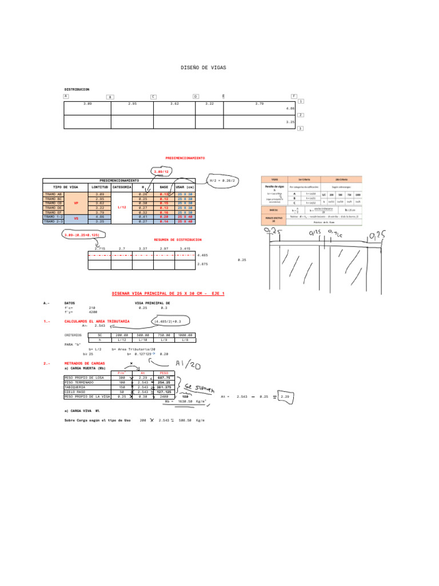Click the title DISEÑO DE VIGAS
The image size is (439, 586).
tap(203, 68)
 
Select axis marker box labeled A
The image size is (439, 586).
tap(66, 97)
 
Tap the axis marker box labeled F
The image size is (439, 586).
tap(294, 97)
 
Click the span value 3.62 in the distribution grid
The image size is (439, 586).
tap(174, 104)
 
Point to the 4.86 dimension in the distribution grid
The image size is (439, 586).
tap(290, 108)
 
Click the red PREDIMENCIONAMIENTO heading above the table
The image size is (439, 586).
tap(185, 157)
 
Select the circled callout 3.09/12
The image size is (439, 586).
tap(161, 171)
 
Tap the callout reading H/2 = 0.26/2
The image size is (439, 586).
tap(222, 180)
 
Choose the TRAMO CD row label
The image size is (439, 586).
tap(53, 203)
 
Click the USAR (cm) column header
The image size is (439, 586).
tap(185, 187)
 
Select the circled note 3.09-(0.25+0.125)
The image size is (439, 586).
tap(84, 234)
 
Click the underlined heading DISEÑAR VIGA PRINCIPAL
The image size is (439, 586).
tap(168, 293)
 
